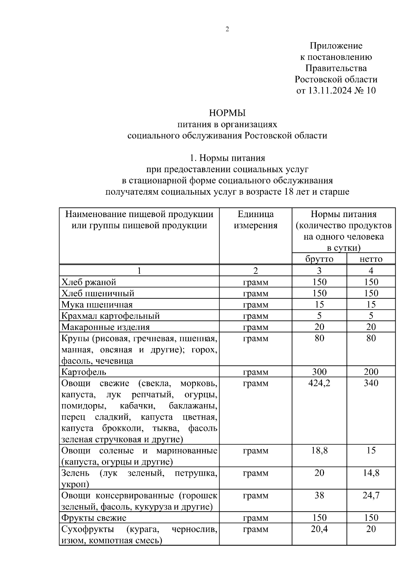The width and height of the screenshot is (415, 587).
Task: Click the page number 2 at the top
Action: pos(227,29)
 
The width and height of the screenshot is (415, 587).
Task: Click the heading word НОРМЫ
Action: pos(227,113)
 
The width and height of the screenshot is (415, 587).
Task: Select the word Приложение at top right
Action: pos(336,46)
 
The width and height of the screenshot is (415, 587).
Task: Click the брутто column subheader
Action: pos(319,259)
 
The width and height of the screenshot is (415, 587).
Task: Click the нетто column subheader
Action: pos(371,259)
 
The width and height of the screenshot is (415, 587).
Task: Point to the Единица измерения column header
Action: pos(256,220)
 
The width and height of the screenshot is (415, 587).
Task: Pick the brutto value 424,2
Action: pos(319,383)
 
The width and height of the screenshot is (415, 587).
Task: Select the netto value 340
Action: pos(371,383)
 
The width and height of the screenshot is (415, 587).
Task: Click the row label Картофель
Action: pos(84,372)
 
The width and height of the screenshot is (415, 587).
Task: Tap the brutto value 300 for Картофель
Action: pos(319,372)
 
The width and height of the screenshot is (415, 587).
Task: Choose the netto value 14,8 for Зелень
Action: pos(371,473)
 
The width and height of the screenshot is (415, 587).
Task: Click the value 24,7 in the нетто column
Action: pos(371,495)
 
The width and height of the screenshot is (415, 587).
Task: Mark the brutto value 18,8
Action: pos(319,450)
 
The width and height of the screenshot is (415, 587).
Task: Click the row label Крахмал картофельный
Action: pos(110,316)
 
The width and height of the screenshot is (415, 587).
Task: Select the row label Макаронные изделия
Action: pos(105,327)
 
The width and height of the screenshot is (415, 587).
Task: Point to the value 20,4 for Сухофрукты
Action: pos(319,529)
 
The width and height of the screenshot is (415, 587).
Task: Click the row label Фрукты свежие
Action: pos(94,518)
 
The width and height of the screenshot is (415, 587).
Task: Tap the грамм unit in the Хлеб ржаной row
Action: pos(256,282)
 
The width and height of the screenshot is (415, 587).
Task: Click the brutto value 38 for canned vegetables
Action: pos(319,495)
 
